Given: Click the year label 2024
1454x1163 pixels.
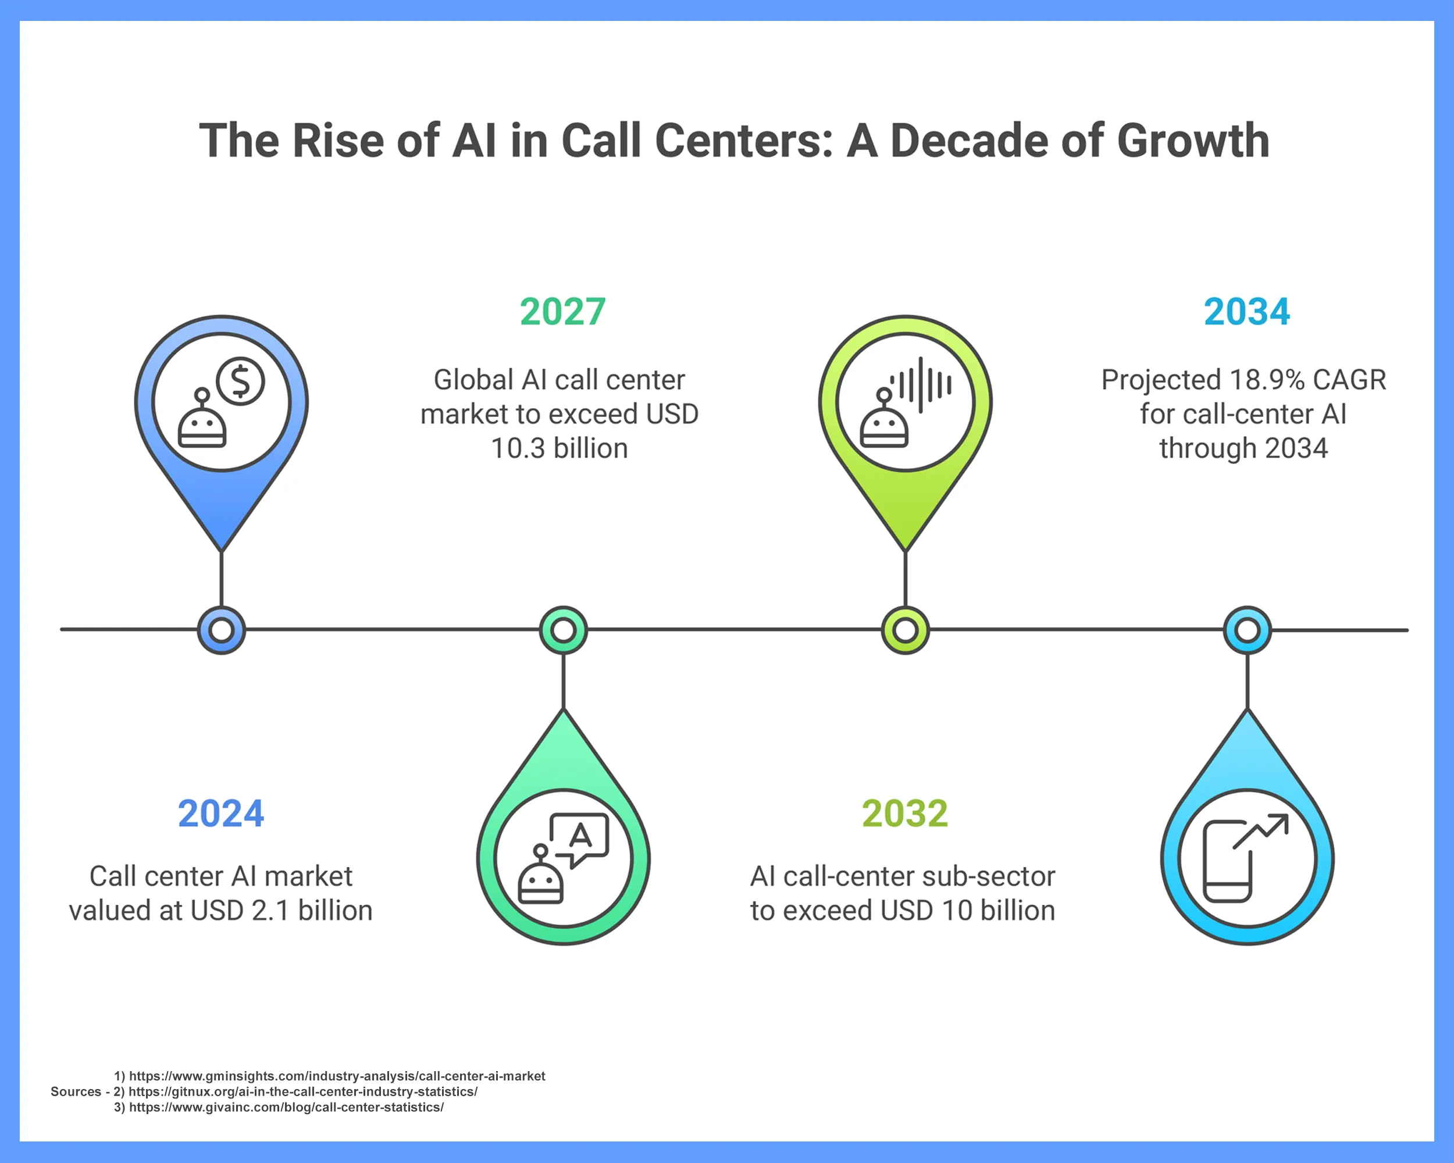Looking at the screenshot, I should point(220,814).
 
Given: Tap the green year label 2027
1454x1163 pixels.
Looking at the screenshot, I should point(562,312).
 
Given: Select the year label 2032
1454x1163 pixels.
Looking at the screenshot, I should point(904,814).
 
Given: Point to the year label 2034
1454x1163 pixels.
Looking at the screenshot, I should point(1246,312).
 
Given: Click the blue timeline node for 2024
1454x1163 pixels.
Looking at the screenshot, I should point(221,630).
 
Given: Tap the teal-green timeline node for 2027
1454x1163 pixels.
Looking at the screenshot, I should point(563,630).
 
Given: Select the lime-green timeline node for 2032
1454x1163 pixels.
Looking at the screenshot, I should point(905,630).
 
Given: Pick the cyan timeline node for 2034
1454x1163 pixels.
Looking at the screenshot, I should point(1247,630).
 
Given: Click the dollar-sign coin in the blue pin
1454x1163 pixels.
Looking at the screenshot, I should point(241,381).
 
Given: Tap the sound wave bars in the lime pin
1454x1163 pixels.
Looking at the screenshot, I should point(921,385).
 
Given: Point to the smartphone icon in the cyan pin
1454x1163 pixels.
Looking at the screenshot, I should point(1227,861).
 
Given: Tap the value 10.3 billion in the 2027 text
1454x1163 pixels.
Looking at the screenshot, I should point(559,449).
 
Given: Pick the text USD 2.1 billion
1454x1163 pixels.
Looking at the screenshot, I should point(281,911).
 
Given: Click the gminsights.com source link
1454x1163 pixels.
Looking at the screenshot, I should point(337,1076).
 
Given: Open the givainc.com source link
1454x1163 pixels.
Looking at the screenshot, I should point(286,1107).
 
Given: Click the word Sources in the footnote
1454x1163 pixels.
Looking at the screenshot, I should point(76,1091).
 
